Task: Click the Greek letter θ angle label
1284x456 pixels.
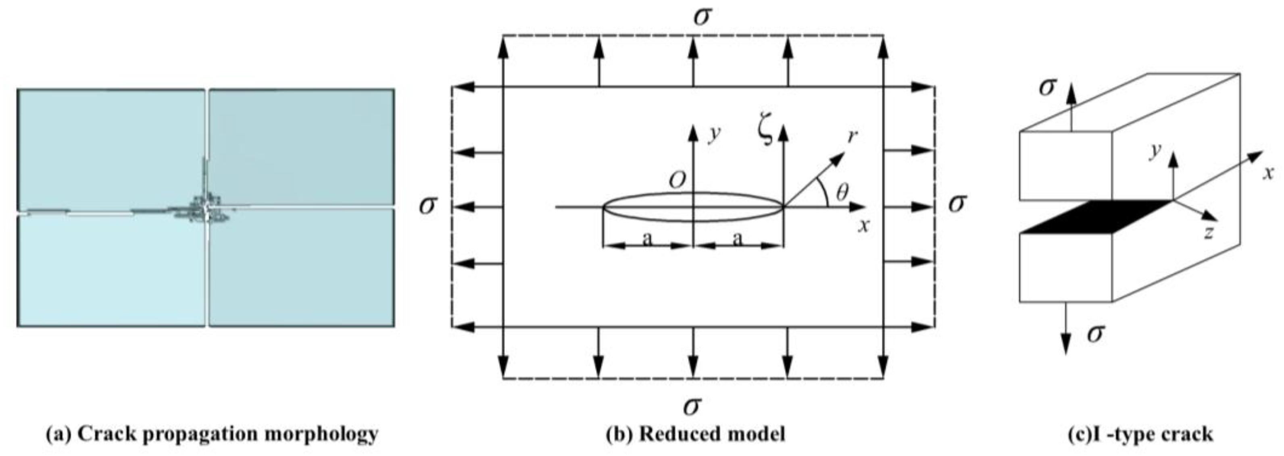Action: [x=842, y=192]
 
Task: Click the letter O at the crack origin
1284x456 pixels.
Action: [x=677, y=181]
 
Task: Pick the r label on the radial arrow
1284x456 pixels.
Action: [x=853, y=135]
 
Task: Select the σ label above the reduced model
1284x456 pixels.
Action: [x=701, y=17]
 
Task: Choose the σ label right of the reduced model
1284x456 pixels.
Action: [x=957, y=203]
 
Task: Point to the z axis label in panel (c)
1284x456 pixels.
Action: [x=1209, y=232]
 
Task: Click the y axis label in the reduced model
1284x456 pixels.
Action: [x=714, y=135]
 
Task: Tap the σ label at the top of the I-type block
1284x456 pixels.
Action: [x=1047, y=87]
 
